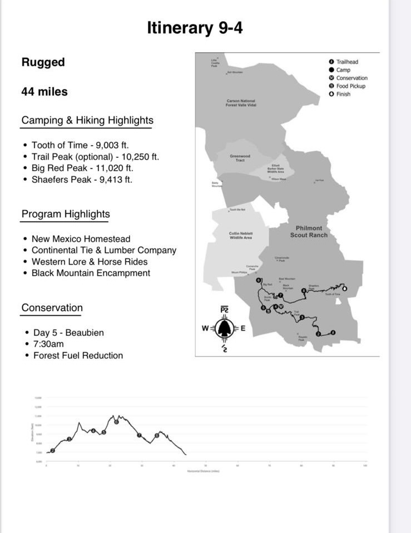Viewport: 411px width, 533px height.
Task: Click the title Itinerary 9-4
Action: click(195, 28)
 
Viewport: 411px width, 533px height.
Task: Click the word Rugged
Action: click(43, 62)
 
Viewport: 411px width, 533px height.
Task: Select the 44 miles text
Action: click(44, 92)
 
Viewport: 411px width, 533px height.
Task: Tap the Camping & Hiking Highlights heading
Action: click(87, 120)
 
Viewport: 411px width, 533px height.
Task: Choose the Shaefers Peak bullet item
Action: click(82, 180)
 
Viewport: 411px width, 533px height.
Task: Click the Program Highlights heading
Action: click(66, 214)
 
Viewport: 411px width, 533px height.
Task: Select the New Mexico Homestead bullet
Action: click(81, 239)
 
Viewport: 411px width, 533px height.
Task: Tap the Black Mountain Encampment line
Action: click(91, 273)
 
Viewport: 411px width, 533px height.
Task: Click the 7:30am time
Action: click(48, 344)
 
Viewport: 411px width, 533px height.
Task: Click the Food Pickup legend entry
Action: click(350, 86)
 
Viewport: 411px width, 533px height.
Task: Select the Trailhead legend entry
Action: click(347, 62)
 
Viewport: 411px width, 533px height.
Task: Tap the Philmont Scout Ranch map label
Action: click(309, 232)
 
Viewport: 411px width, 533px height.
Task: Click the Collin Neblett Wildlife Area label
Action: click(241, 236)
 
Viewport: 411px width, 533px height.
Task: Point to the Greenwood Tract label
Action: click(240, 158)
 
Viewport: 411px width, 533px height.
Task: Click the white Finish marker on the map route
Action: click(344, 288)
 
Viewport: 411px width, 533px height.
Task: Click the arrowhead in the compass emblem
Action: click(224, 328)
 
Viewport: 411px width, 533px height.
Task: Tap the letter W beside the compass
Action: click(205, 328)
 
